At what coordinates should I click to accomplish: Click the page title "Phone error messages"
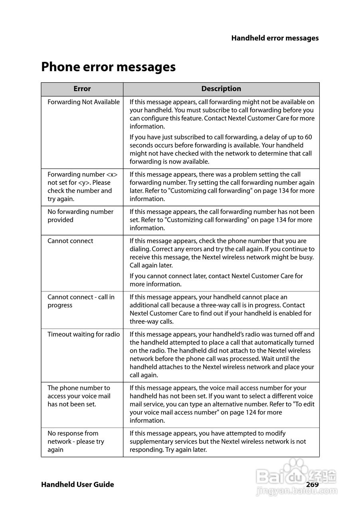(x=108, y=67)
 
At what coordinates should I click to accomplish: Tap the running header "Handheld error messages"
(x=275, y=38)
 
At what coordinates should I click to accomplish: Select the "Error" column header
(x=82, y=89)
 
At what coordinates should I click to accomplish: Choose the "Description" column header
(x=221, y=89)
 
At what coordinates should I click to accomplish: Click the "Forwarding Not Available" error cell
(x=83, y=102)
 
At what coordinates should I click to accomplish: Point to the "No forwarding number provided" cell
(x=80, y=216)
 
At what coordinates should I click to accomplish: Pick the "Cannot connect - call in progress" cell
(x=81, y=301)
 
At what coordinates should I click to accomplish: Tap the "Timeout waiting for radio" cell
(x=83, y=335)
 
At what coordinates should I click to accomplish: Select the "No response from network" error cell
(x=76, y=442)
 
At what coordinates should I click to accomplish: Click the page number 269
(x=312, y=484)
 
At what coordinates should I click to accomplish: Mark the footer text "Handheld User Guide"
(x=77, y=485)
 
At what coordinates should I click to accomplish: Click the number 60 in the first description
(x=308, y=137)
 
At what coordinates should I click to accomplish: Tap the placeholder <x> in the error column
(x=112, y=174)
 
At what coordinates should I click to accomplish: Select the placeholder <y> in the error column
(x=83, y=183)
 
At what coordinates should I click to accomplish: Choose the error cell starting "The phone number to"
(x=79, y=396)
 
